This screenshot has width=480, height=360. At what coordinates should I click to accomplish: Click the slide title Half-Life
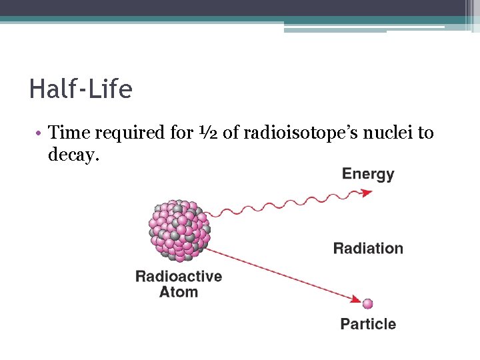(x=81, y=89)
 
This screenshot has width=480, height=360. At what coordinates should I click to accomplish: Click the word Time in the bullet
(x=69, y=133)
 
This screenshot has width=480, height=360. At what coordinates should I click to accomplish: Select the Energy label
(x=368, y=175)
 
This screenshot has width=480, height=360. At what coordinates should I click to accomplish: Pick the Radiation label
(x=368, y=249)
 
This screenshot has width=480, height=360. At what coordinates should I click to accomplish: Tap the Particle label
(x=368, y=324)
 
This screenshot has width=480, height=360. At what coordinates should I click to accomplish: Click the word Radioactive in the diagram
(x=179, y=276)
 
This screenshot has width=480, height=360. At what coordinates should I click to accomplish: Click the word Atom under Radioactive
(x=179, y=292)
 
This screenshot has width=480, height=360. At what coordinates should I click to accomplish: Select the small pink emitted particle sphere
(x=367, y=304)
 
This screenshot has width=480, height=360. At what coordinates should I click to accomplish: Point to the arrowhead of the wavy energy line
(x=367, y=193)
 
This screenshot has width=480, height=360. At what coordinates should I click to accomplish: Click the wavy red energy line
(x=287, y=205)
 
